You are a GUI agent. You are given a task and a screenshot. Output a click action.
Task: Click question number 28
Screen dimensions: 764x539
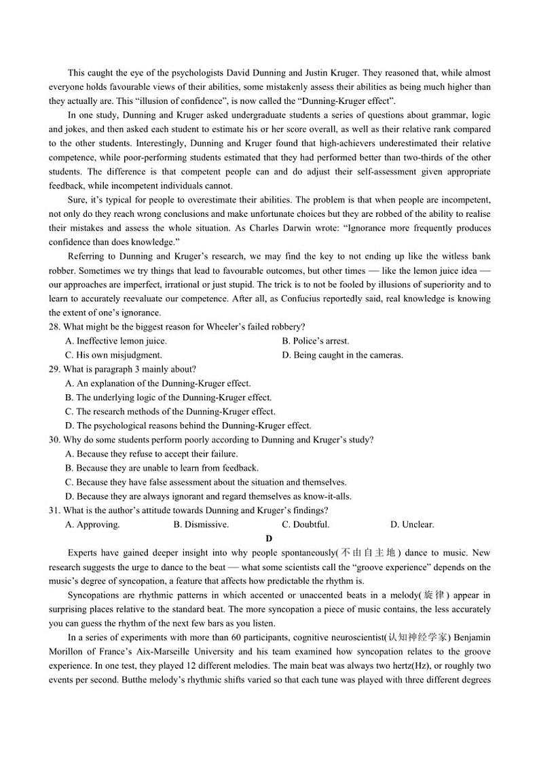coord(55,327)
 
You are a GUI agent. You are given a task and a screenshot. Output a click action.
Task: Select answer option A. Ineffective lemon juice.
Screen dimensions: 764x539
coord(115,341)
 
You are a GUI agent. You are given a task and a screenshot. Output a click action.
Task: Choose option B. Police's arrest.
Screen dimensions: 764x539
coord(315,341)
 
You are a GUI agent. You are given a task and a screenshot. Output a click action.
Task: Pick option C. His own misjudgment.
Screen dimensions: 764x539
coord(113,355)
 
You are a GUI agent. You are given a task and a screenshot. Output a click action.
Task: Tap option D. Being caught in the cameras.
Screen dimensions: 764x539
coord(342,355)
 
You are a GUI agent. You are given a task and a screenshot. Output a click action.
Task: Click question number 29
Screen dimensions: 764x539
coord(55,370)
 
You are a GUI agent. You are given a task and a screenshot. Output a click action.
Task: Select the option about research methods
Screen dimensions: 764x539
coord(170,412)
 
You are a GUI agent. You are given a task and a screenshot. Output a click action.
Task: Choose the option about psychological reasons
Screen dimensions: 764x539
coord(187,426)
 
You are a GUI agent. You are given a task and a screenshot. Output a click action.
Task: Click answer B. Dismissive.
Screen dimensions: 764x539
coord(201,525)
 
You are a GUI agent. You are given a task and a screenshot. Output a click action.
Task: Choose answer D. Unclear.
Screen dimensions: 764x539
coord(412,525)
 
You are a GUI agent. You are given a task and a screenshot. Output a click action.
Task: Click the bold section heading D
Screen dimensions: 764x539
coord(269,538)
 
